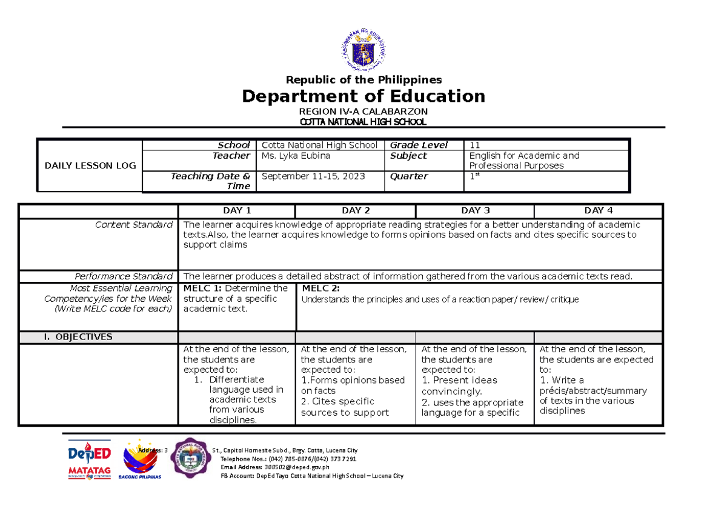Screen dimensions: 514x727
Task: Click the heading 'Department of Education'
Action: (363, 96)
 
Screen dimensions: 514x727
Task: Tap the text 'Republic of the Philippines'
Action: (363, 80)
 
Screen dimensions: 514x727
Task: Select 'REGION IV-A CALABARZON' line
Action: (363, 112)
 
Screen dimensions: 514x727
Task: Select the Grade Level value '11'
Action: (474, 145)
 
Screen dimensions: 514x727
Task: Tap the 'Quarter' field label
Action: (409, 176)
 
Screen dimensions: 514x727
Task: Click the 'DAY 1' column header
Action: (237, 211)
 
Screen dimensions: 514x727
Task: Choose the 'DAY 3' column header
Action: (475, 211)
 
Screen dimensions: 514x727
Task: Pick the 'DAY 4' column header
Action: (599, 211)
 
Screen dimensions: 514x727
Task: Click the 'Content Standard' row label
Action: (134, 225)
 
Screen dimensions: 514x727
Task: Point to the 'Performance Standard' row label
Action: (123, 276)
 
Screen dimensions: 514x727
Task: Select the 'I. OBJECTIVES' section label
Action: (77, 337)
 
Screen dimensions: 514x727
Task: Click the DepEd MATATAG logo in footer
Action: (89, 460)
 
